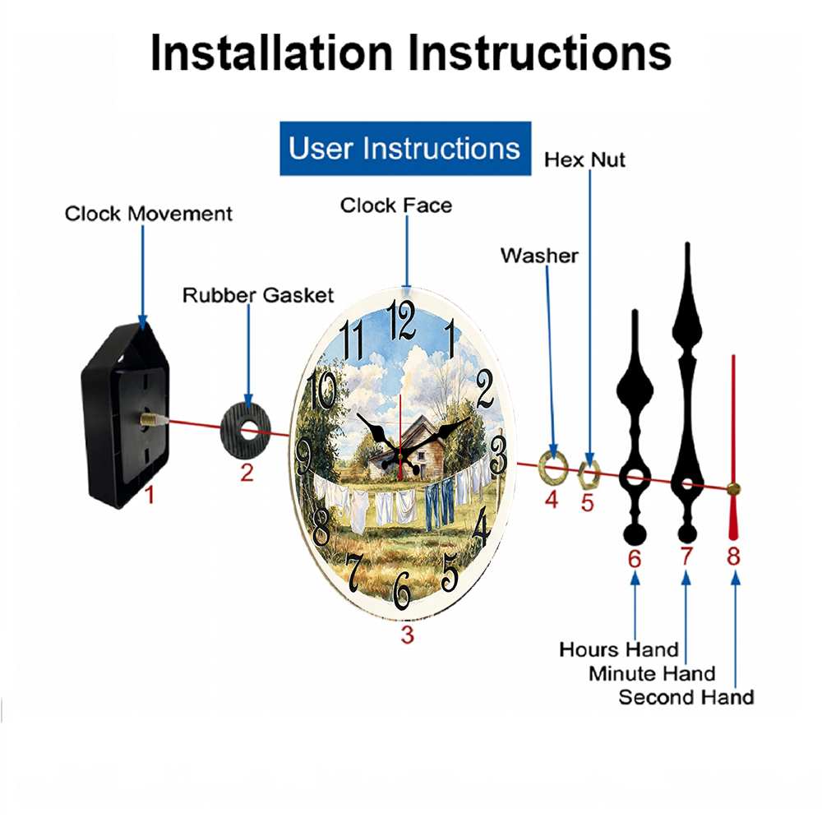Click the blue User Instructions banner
click(405, 148)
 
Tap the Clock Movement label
click(148, 214)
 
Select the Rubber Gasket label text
click(258, 295)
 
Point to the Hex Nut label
click(584, 160)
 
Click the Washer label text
click(539, 256)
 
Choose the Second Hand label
click(686, 697)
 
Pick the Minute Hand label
click(652, 673)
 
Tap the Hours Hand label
click(619, 649)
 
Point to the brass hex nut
click(589, 474)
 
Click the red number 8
click(733, 556)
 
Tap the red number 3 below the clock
click(408, 635)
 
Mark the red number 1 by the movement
click(150, 495)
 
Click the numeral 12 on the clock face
click(402, 321)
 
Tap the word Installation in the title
click(271, 53)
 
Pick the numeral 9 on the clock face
click(303, 456)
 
